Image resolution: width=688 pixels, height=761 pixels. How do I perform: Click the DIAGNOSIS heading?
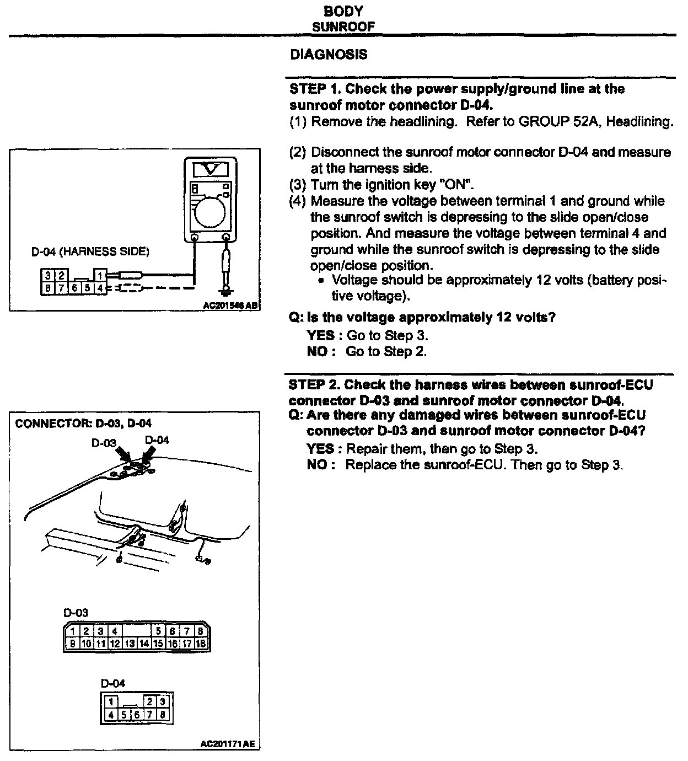[x=328, y=55]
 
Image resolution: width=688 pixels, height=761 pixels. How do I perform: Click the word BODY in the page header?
[x=343, y=12]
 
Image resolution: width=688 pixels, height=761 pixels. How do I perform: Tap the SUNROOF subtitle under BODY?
[x=343, y=26]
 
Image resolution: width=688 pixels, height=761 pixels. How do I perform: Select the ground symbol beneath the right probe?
[x=225, y=291]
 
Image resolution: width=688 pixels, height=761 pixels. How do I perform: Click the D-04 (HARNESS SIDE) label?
[x=90, y=252]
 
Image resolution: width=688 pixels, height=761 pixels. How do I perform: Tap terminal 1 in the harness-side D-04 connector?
[x=100, y=275]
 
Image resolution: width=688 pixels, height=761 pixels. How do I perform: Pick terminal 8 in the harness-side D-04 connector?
[x=48, y=288]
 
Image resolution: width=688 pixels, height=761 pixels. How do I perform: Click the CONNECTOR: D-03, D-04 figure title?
[x=83, y=424]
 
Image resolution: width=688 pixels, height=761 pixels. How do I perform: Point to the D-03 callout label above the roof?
[x=104, y=443]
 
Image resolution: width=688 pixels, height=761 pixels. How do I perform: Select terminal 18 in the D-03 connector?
[x=201, y=643]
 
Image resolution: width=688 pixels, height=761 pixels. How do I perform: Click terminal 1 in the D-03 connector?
[x=73, y=631]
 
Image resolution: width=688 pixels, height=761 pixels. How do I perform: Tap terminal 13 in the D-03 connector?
[x=130, y=643]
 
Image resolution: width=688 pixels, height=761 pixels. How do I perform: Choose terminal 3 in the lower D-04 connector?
[x=162, y=701]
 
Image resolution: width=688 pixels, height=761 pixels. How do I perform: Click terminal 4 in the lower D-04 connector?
[x=111, y=715]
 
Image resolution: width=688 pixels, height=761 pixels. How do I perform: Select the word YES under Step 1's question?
[x=320, y=335]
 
